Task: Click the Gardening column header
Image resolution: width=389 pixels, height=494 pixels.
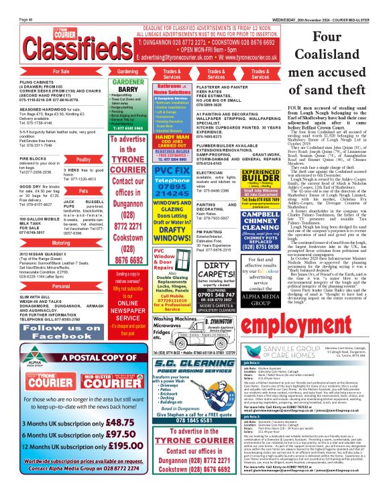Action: (x=127, y=70)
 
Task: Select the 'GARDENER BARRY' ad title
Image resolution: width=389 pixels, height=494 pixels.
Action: (x=127, y=87)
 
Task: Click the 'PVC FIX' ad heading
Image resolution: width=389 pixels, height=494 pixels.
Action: (x=172, y=171)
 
